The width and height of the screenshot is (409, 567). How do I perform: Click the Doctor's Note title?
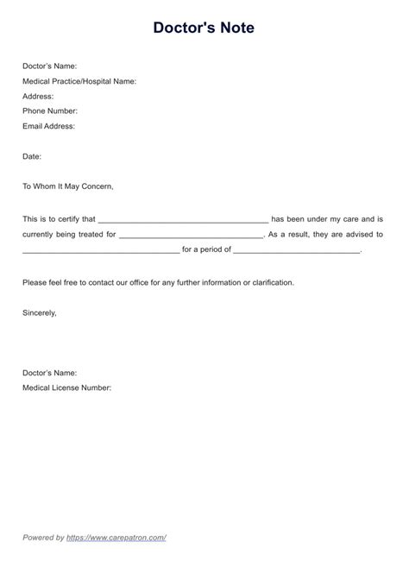(204, 28)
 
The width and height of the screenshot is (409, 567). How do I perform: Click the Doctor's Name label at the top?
(50, 66)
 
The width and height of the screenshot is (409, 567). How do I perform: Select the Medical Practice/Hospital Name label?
(79, 81)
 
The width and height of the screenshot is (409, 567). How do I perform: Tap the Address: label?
(38, 96)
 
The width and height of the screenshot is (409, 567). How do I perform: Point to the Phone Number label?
(50, 110)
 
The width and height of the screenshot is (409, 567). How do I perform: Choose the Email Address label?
(49, 126)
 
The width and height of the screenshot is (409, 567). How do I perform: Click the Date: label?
(32, 156)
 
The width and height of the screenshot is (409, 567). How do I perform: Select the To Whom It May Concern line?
(68, 186)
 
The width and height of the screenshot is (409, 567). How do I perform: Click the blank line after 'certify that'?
(184, 220)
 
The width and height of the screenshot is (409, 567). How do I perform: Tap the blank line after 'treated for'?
(191, 235)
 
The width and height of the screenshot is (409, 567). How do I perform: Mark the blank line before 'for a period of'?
(101, 250)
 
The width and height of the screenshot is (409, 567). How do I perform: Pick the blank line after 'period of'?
(297, 250)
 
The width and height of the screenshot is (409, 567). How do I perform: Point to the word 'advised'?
(359, 235)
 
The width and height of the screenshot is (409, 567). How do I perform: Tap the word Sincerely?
(40, 312)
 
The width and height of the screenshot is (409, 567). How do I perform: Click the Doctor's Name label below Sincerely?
(50, 373)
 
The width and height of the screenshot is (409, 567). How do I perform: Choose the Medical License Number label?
(67, 387)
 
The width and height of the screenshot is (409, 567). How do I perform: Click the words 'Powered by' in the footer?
(43, 537)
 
